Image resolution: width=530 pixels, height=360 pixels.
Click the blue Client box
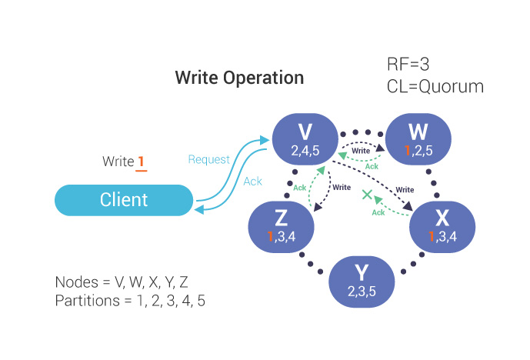click(x=123, y=200)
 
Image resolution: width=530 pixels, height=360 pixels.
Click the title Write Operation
click(x=239, y=78)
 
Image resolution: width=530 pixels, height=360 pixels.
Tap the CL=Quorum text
click(x=435, y=86)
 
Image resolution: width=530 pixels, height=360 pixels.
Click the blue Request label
click(x=208, y=159)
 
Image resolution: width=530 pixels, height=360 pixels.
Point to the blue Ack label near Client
click(x=252, y=182)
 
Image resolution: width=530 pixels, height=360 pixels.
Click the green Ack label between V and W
click(x=372, y=166)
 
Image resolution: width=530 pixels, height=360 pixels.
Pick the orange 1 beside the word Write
click(x=141, y=162)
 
